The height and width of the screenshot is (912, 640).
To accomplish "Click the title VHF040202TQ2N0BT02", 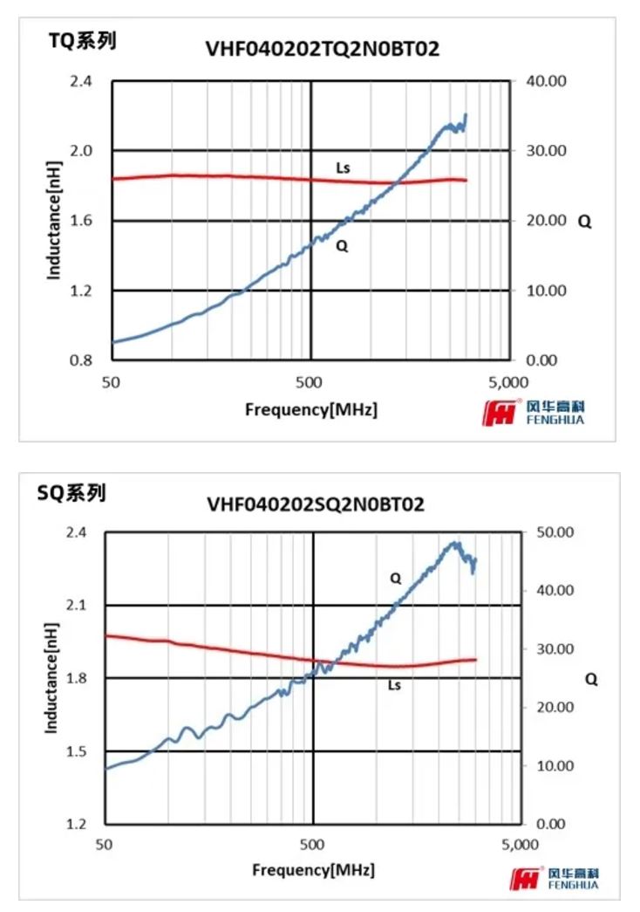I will pyautogui.click(x=322, y=50).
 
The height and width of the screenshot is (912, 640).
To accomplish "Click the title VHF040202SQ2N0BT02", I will pyautogui.click(x=315, y=504).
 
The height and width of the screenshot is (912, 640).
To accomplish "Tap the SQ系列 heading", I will pyautogui.click(x=71, y=494).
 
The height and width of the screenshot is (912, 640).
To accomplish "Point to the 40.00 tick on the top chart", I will pyautogui.click(x=549, y=81).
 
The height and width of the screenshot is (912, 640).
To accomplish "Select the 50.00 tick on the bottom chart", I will pyautogui.click(x=555, y=532).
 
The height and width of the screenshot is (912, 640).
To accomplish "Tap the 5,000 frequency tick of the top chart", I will pyautogui.click(x=509, y=381).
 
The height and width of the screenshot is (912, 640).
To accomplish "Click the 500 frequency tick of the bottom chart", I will pyautogui.click(x=312, y=845).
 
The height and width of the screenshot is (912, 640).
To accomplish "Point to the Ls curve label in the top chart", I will pyautogui.click(x=343, y=167).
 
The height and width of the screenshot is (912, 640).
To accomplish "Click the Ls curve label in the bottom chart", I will pyautogui.click(x=394, y=686).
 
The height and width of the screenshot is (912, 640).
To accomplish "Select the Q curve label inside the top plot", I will pyautogui.click(x=342, y=246).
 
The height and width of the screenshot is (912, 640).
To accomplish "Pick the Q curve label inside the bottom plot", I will pyautogui.click(x=395, y=577).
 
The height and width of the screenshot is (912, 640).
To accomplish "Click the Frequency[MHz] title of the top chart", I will pyautogui.click(x=311, y=408).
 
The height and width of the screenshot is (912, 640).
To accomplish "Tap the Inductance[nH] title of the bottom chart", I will pyautogui.click(x=51, y=677).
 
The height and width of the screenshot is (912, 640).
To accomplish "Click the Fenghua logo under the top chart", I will pyautogui.click(x=534, y=412).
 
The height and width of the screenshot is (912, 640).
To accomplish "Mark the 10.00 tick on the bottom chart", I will pyautogui.click(x=555, y=766).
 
